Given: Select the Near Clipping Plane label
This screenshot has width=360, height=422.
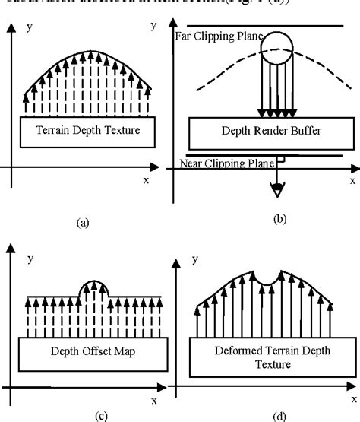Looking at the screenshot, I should (x=225, y=162).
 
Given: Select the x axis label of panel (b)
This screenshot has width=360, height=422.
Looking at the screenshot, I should (x=352, y=181).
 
